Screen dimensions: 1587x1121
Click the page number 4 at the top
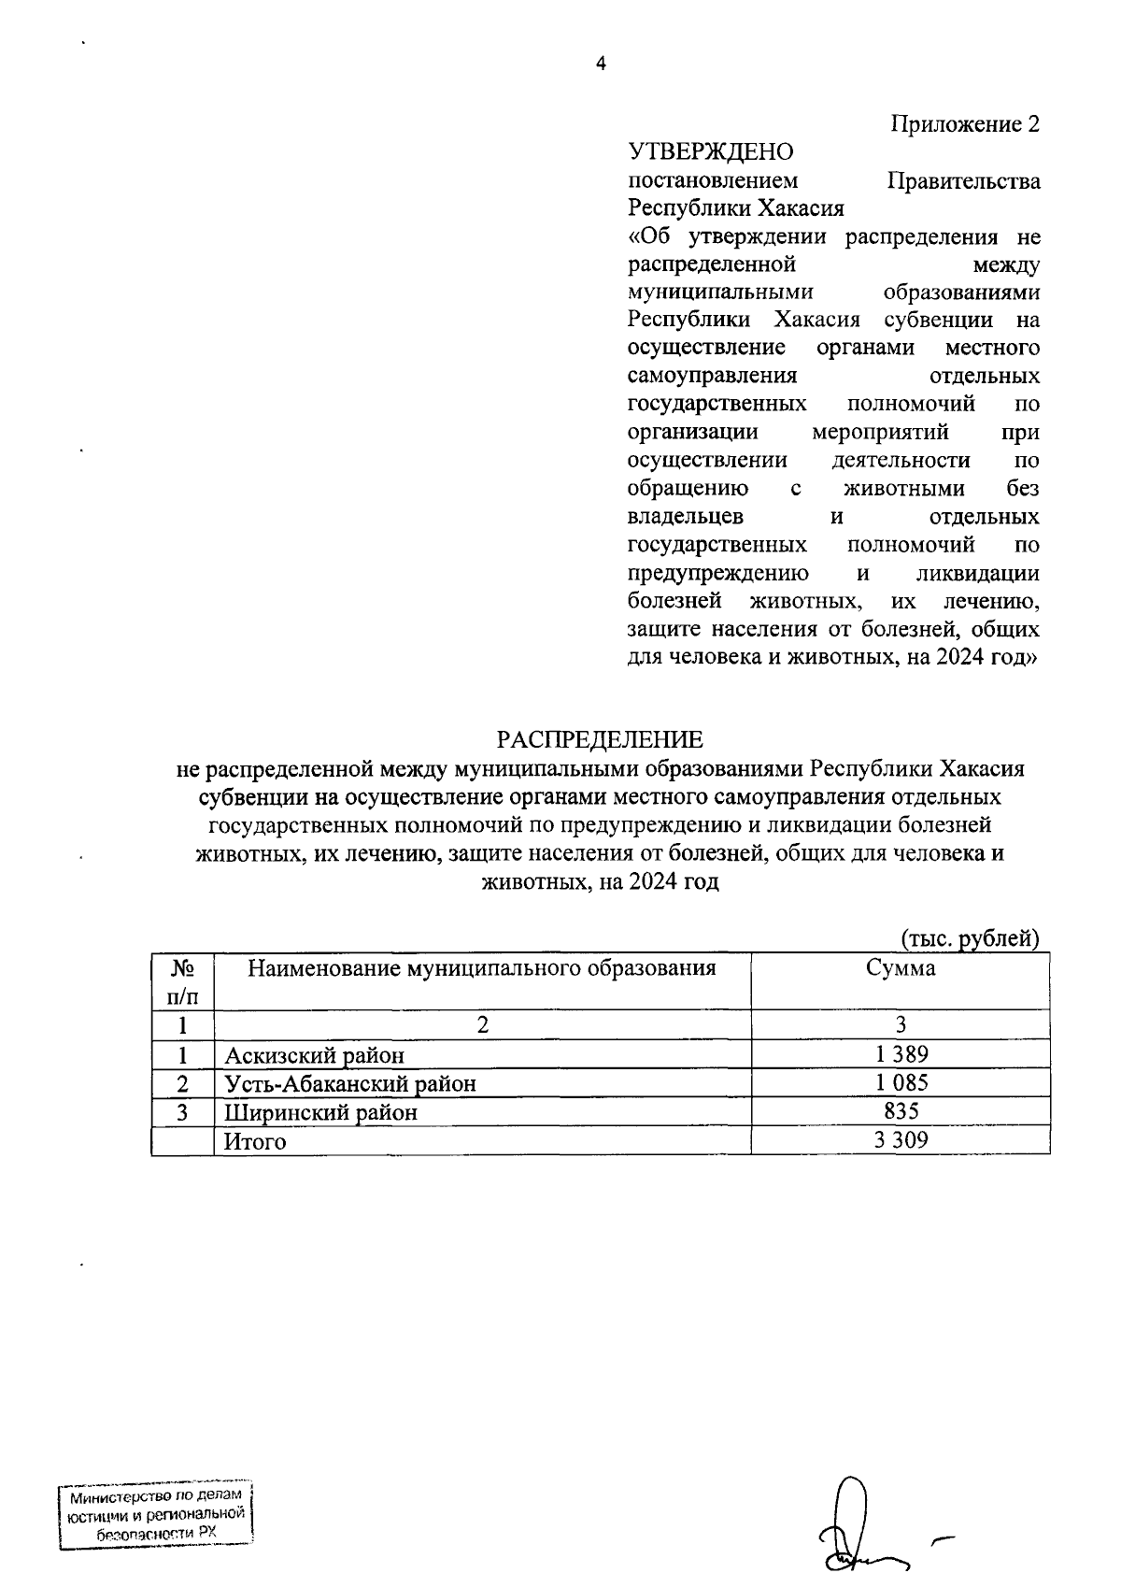click(x=601, y=64)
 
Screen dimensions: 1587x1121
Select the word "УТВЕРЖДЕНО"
click(x=710, y=152)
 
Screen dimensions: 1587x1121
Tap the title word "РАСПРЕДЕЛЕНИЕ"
click(x=599, y=740)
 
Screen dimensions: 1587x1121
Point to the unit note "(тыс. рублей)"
click(x=970, y=938)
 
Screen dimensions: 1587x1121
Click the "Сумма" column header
click(x=900, y=968)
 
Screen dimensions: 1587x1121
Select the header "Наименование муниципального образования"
click(x=482, y=968)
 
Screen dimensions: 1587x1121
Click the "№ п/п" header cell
click(x=182, y=981)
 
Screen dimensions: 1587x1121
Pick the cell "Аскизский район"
click(x=315, y=1056)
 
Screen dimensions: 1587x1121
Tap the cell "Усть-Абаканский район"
click(x=350, y=1084)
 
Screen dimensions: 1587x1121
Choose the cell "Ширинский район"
click(x=320, y=1113)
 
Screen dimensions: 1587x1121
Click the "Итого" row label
click(x=255, y=1142)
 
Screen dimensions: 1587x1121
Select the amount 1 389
click(x=901, y=1055)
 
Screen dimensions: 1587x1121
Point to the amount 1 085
click(x=901, y=1083)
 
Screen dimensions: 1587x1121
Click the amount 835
click(x=901, y=1111)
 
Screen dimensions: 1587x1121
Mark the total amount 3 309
click(x=901, y=1140)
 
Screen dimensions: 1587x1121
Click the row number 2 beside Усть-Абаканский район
click(x=183, y=1084)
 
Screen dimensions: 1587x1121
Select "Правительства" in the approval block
click(x=963, y=180)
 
